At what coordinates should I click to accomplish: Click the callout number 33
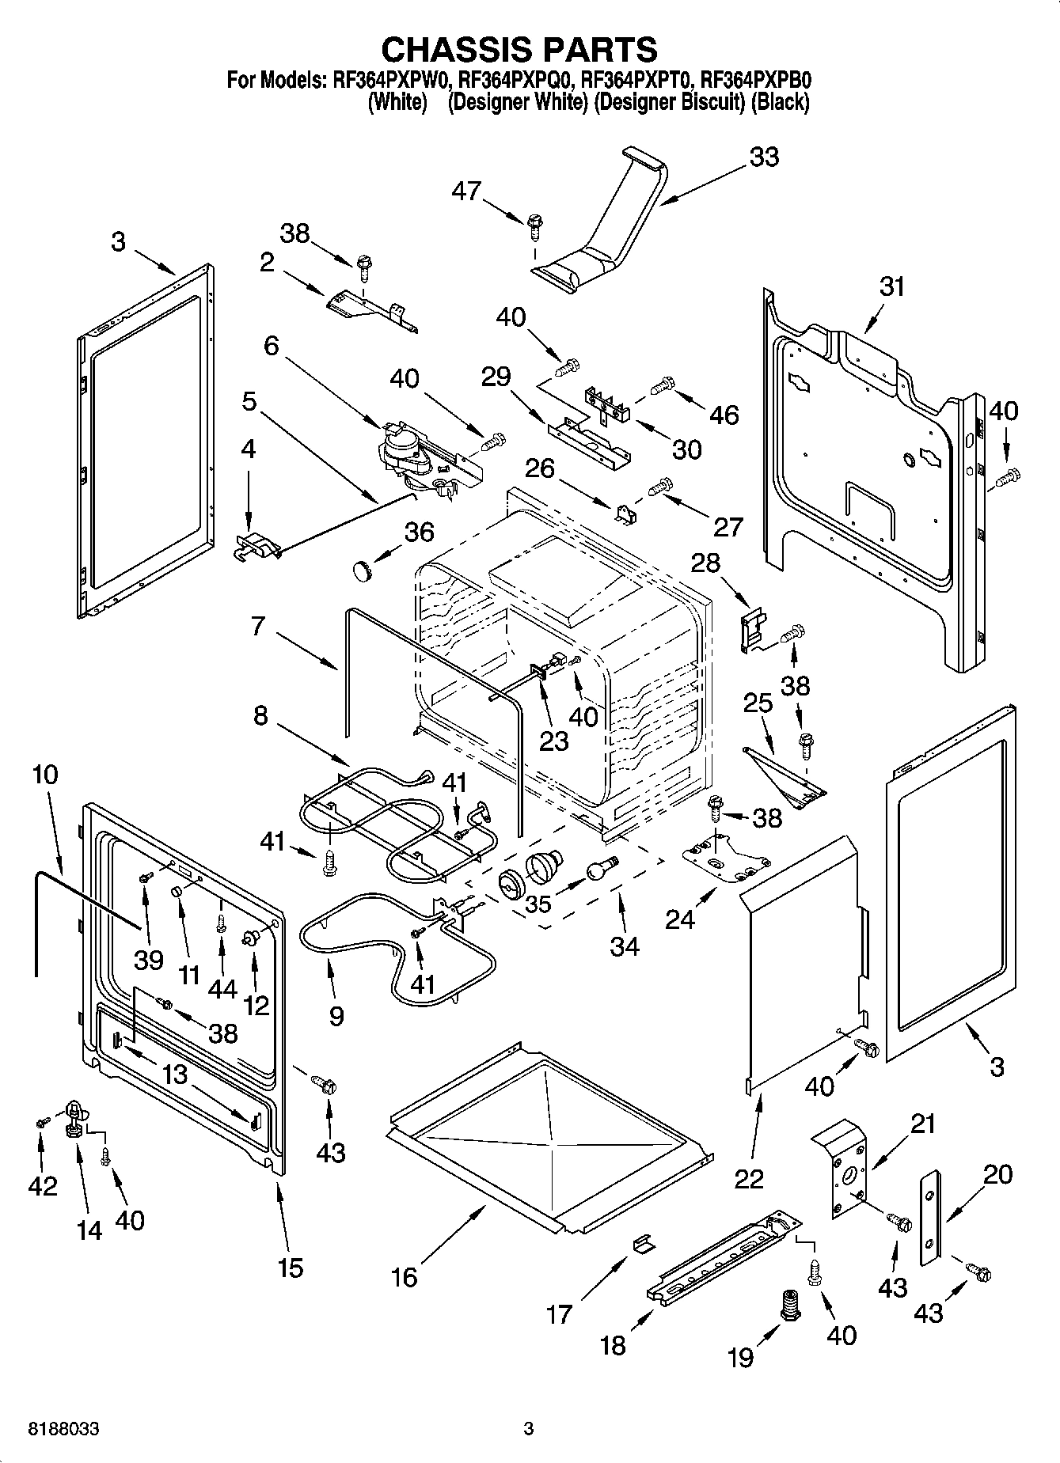[x=764, y=157]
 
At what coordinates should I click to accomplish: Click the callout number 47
[x=467, y=191]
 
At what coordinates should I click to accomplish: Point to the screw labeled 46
[x=661, y=387]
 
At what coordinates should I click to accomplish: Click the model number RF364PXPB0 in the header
[x=757, y=79]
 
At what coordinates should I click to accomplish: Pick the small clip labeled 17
[x=642, y=1245]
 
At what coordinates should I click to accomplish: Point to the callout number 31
[x=891, y=286]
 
